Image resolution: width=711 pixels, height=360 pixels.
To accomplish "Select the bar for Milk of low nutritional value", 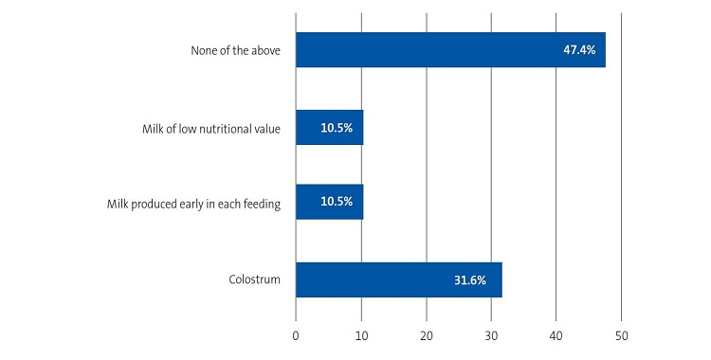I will pos(329,127).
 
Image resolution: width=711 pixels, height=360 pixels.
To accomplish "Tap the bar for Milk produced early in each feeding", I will pos(329,202).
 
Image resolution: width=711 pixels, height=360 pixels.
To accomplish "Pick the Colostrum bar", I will pos(398,279).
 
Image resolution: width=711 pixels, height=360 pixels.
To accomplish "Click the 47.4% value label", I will pos(579,49).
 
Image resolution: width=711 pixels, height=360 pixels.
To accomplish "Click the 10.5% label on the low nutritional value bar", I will pos(337,127).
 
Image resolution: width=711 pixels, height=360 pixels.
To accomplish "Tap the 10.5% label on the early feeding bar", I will pos(337,202).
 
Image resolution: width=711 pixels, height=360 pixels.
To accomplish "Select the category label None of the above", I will pos(235,49).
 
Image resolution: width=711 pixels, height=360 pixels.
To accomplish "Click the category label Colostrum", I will pos(254,279).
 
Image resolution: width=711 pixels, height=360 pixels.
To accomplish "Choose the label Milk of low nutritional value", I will pos(206,127).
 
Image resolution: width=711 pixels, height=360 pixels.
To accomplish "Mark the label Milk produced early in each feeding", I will pos(193,202).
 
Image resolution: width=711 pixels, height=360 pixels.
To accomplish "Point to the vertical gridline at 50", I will pos(621,171).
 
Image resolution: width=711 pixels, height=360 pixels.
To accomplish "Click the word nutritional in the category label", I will pos(224,127).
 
